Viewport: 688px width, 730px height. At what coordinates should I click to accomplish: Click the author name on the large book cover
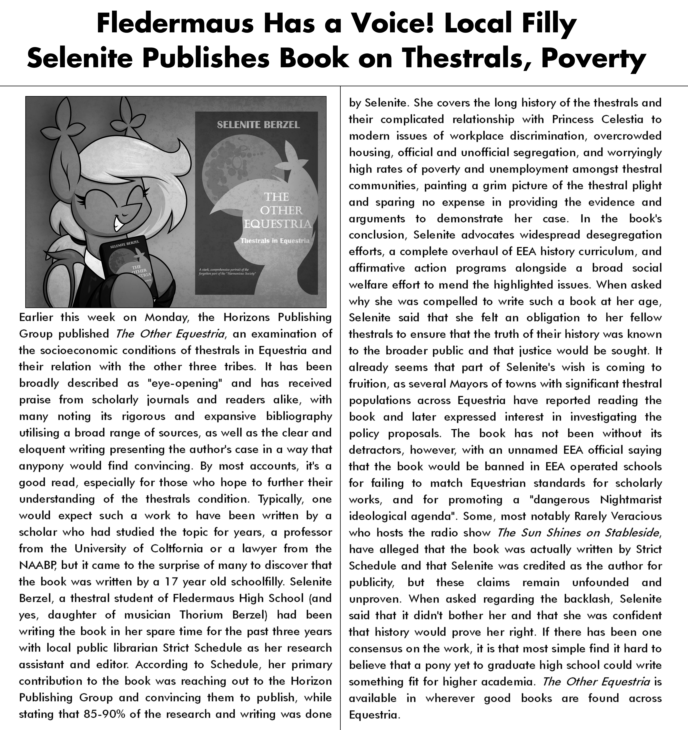(x=258, y=125)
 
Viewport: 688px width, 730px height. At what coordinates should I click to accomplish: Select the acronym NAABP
(x=37, y=565)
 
